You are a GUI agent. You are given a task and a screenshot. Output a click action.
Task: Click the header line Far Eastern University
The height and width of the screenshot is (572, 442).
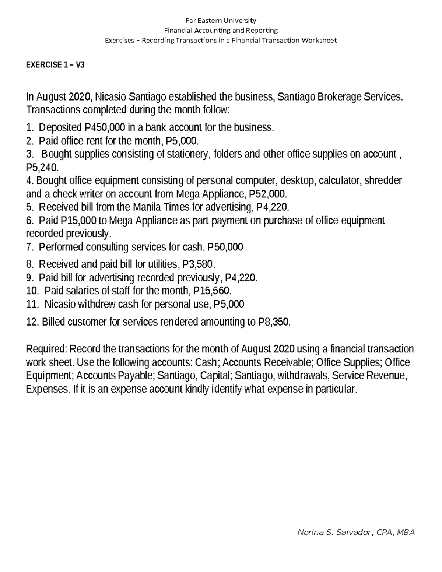(221, 20)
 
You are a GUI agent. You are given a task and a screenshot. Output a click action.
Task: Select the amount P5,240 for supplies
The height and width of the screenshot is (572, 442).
(42, 168)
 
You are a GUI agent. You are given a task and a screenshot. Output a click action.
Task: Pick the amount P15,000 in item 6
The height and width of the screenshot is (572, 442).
(78, 221)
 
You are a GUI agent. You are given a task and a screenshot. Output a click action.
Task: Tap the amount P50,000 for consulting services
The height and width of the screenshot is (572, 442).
(225, 247)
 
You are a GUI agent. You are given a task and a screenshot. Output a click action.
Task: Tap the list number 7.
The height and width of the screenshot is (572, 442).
(30, 247)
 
